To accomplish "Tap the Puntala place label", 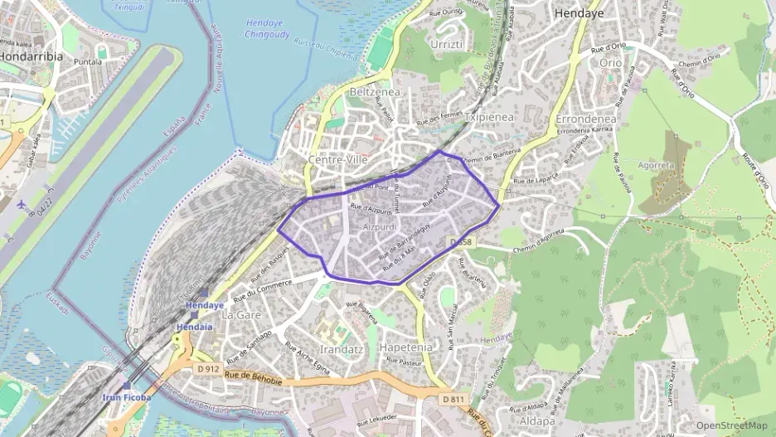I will coord(88,61).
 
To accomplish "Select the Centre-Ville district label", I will coord(337,158).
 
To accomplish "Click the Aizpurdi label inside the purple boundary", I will coord(380,226).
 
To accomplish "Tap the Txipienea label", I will coord(489,118).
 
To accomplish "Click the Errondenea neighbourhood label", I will coord(585,119).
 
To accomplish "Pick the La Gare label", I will coord(241,315).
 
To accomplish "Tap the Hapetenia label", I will coord(405,347).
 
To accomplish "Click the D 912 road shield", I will coord(207,368).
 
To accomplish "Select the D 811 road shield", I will coord(453,399).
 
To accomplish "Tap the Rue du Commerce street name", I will coord(263,286).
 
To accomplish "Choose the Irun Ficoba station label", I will coord(126,397).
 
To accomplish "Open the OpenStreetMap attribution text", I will coord(731,425).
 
